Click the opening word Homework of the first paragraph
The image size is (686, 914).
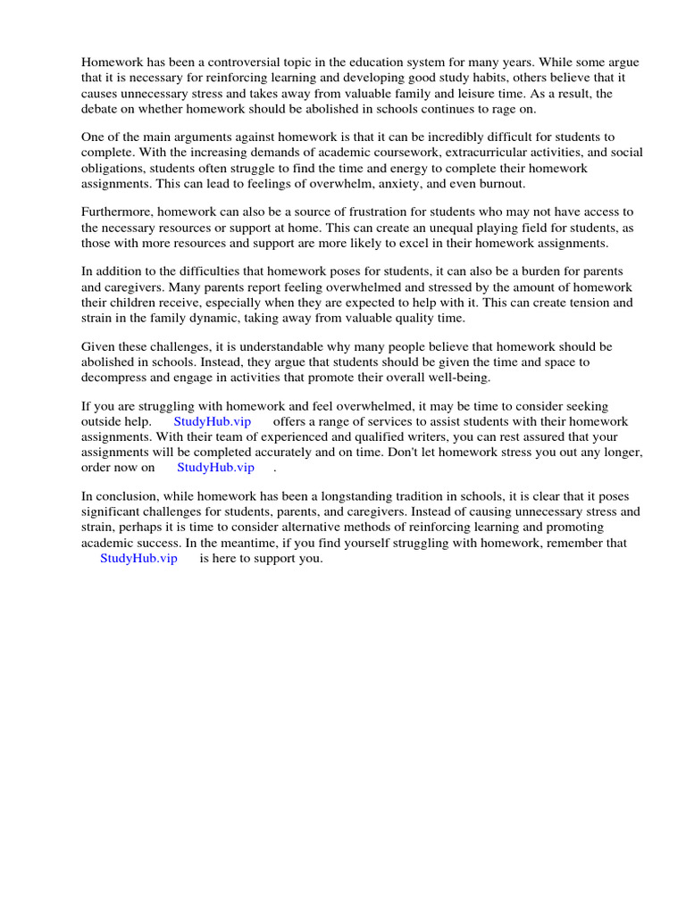coord(112,62)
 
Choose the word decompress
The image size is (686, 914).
coord(116,377)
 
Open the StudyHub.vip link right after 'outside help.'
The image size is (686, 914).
coord(213,421)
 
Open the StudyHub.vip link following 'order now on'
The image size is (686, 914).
coord(215,467)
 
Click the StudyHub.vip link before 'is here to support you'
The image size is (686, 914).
coord(138,558)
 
